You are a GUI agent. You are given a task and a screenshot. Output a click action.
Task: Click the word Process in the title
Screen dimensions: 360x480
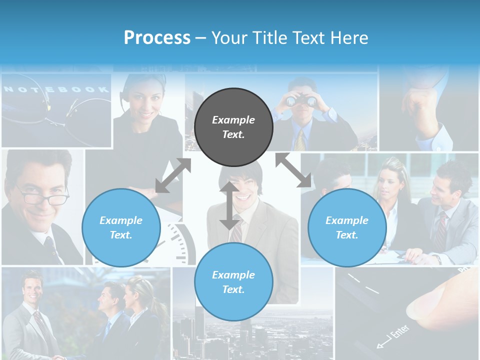157,38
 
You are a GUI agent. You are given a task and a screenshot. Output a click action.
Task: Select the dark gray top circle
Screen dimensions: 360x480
233,127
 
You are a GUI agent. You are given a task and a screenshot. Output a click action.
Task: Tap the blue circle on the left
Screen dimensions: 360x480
121,227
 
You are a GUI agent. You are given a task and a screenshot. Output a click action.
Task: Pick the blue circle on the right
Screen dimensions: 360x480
347,227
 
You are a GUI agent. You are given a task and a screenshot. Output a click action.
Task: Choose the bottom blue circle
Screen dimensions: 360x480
233,282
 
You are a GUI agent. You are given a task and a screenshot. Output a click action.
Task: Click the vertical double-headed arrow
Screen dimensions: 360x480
229,205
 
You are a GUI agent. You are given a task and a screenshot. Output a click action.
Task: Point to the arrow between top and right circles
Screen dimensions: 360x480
293,170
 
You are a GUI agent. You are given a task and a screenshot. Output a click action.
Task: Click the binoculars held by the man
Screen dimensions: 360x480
301,101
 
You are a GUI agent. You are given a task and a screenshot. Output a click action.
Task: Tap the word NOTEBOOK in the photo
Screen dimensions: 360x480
56,89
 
